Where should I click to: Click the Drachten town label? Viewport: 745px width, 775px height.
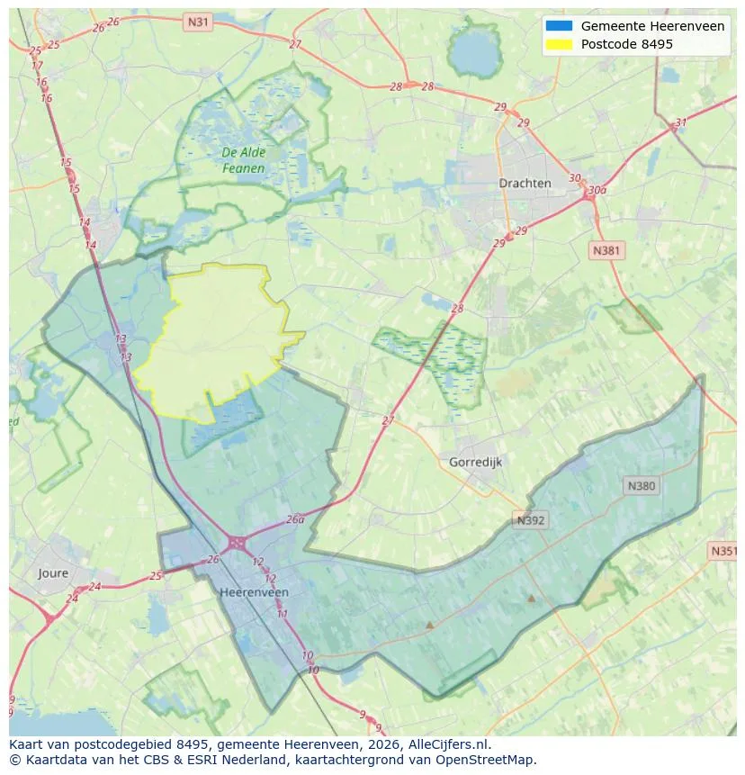(525, 183)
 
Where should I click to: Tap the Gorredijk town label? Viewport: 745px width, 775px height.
(474, 462)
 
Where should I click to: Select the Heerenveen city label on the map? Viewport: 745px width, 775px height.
(254, 592)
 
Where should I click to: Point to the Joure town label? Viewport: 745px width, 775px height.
(53, 572)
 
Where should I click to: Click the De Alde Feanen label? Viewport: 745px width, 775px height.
(243, 160)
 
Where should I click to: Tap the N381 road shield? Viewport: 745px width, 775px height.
(606, 250)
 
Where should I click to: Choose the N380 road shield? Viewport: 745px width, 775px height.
(642, 486)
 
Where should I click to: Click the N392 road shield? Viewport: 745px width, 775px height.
(531, 520)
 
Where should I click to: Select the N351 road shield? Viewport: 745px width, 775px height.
(723, 551)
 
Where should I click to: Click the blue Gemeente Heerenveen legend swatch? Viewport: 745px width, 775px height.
(559, 26)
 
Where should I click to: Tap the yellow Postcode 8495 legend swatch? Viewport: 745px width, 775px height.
(559, 44)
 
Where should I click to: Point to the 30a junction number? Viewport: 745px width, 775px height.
(595, 191)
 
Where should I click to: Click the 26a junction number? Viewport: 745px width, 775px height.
(295, 519)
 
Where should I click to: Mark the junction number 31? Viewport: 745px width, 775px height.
(680, 123)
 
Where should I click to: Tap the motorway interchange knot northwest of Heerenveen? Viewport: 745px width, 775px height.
(237, 542)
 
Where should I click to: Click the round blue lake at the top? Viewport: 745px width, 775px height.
(474, 54)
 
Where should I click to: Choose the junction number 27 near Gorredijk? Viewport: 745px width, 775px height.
(388, 420)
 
